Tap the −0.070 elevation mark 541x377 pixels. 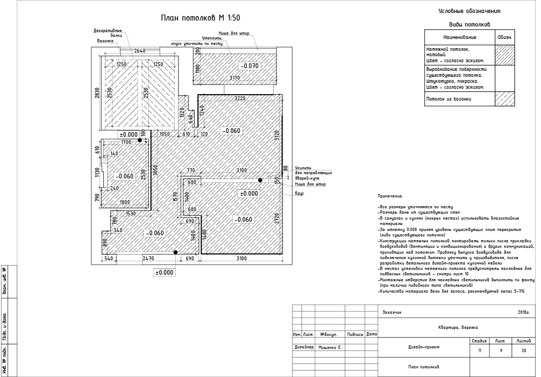click(x=250, y=66)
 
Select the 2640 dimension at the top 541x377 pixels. click(x=140, y=51)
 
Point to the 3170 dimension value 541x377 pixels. click(x=235, y=78)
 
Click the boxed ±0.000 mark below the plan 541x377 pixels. click(x=164, y=273)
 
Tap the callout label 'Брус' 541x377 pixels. click(x=299, y=194)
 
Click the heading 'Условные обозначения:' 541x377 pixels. click(x=470, y=11)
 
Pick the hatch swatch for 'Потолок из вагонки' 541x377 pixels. click(x=504, y=99)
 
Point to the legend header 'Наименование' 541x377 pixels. click(x=459, y=37)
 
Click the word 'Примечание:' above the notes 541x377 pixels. click(x=390, y=196)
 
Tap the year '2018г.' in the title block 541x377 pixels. click(x=523, y=313)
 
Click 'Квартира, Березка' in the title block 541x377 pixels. click(x=458, y=327)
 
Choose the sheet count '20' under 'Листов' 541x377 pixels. click(x=523, y=351)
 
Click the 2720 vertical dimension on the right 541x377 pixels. click(x=277, y=218)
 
